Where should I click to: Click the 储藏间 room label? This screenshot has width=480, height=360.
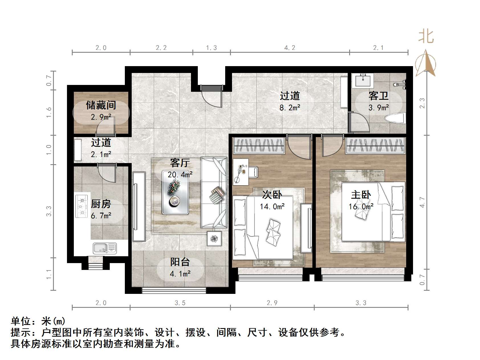[x=101, y=105]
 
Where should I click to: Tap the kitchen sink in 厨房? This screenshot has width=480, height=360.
[x=105, y=248]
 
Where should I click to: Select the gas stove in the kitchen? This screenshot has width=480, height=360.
[x=82, y=206]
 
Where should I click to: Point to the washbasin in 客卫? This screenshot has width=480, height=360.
[x=363, y=80]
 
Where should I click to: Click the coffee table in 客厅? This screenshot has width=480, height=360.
[x=175, y=193]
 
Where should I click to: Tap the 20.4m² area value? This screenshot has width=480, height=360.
[x=180, y=174]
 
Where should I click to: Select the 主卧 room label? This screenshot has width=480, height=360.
[x=361, y=195]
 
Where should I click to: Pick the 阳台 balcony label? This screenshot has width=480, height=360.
[x=180, y=262]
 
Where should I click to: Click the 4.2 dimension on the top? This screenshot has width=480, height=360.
[x=290, y=48]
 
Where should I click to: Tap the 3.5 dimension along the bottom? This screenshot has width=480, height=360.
[x=180, y=303]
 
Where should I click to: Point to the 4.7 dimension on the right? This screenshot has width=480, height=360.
[x=422, y=202]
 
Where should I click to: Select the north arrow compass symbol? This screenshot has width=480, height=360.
[x=426, y=63]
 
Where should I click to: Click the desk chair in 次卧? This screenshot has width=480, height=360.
[x=253, y=172]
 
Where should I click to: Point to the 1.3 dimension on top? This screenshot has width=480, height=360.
[x=211, y=48]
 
